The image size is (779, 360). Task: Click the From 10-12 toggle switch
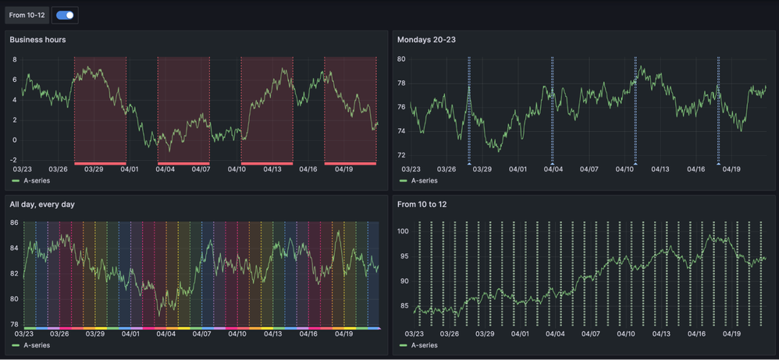click(x=65, y=15)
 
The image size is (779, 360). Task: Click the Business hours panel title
click(x=37, y=40)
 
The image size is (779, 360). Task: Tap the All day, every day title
click(x=42, y=205)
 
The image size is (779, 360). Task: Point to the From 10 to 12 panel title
click(x=423, y=205)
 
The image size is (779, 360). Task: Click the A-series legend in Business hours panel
click(x=36, y=180)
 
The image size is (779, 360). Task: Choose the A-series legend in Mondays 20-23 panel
click(x=424, y=180)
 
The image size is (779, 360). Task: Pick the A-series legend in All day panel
click(x=36, y=345)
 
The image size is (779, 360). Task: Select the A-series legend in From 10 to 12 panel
click(x=424, y=345)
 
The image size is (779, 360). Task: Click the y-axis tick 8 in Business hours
click(x=14, y=59)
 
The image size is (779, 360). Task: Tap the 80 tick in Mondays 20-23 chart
click(x=401, y=59)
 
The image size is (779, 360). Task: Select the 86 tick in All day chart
click(x=14, y=223)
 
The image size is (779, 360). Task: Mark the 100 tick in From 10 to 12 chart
click(x=403, y=232)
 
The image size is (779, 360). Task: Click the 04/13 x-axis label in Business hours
click(x=272, y=169)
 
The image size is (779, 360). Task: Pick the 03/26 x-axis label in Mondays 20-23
click(x=446, y=169)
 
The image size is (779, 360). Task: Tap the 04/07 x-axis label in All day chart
click(x=201, y=334)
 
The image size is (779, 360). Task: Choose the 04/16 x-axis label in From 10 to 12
click(x=695, y=334)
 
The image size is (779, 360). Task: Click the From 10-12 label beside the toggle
click(x=27, y=15)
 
